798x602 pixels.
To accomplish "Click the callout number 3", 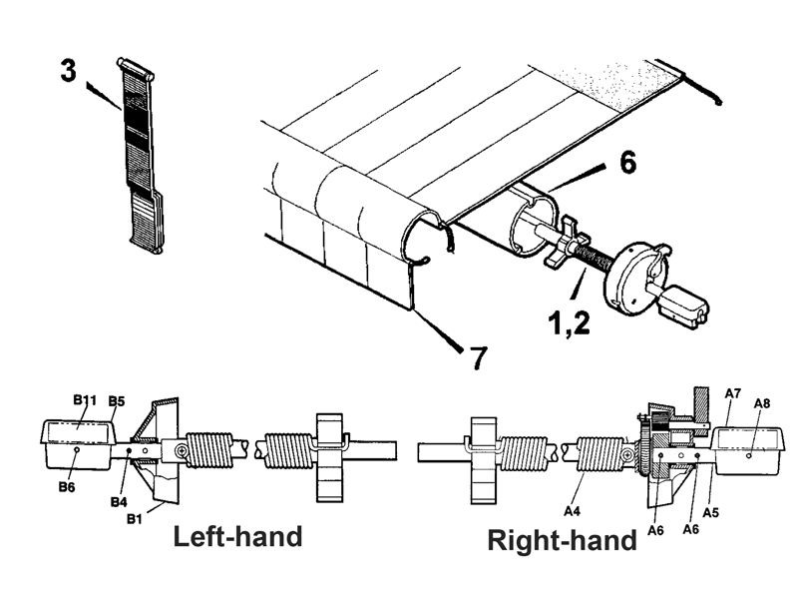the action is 69,70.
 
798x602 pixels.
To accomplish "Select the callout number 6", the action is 628,163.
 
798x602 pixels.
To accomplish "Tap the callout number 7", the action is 479,357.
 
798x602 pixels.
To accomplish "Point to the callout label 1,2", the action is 569,322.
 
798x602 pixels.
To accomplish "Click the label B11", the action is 85,399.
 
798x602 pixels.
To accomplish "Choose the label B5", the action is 117,401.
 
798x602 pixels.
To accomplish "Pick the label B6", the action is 67,487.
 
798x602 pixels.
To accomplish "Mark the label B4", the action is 119,502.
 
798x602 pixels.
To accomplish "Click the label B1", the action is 134,519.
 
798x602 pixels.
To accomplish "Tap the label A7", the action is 733,393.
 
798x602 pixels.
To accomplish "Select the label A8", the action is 762,403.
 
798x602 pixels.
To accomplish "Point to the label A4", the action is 572,510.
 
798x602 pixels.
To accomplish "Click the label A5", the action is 711,512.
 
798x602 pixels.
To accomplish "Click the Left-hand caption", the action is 238,537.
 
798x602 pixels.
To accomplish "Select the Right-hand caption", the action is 563,540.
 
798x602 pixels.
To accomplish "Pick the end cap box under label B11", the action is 78,443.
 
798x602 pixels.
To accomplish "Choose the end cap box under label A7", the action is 748,450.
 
